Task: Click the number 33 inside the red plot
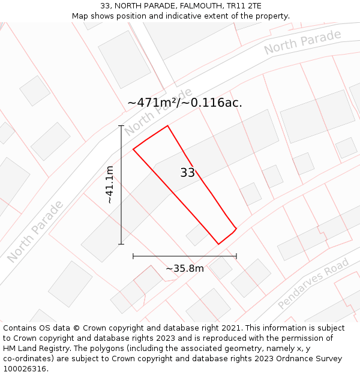coord(187,173)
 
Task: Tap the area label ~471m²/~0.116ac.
coord(185,103)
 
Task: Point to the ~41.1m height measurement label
coord(109,185)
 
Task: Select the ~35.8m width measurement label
coord(185,268)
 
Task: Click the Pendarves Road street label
coord(313,284)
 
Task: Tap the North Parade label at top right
coord(302,41)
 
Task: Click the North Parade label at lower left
coord(35,232)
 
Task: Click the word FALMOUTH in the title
coord(202,6)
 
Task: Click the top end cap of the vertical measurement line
coord(121,126)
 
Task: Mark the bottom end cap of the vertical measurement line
coord(121,244)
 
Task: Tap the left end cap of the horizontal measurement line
coord(133,256)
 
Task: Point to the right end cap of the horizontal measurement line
coord(236,256)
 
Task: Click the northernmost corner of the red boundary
coord(167,126)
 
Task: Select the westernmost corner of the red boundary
coord(133,149)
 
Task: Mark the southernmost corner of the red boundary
coord(218,244)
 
